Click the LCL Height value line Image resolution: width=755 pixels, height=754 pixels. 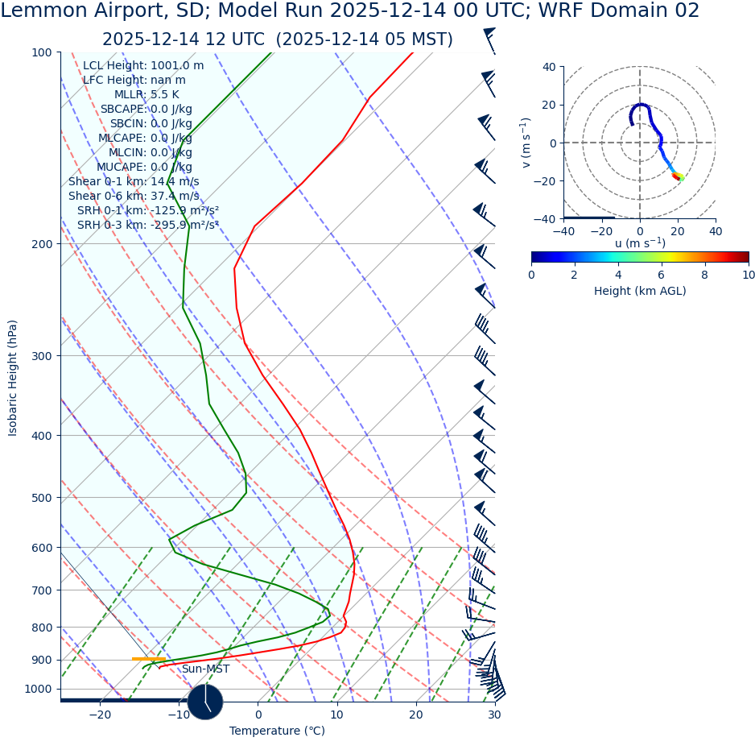143,66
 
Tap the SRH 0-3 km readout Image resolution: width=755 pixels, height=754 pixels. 148,225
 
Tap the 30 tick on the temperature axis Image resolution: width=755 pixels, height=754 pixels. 494,715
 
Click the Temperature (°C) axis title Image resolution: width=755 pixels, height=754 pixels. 277,731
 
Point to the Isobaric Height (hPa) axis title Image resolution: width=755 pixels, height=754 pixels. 13,378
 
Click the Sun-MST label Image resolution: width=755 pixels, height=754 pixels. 205,669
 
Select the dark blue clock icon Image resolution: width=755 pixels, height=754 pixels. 205,702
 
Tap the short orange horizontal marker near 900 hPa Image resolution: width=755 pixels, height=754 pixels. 148,659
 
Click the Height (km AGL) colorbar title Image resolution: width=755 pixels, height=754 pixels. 640,292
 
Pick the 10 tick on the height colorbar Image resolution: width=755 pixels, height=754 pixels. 748,275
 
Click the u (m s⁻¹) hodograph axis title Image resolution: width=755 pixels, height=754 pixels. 640,243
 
